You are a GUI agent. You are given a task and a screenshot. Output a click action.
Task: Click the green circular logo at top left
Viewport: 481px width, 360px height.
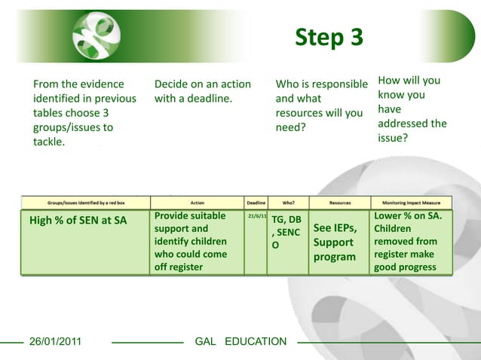click(96, 36)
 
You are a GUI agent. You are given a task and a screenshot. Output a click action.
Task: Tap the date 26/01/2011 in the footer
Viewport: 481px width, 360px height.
click(55, 342)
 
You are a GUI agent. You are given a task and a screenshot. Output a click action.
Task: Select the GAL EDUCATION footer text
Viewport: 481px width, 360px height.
click(240, 342)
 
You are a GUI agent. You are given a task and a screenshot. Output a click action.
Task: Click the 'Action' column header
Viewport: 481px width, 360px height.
click(197, 203)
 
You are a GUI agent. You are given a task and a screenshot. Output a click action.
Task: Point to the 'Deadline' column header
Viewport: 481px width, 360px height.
click(256, 203)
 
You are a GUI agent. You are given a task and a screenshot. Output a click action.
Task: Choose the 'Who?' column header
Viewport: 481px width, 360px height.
click(288, 203)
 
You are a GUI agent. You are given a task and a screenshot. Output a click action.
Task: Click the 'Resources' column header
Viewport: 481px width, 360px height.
click(339, 203)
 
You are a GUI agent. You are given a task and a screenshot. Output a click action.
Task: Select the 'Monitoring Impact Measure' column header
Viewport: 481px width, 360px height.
click(411, 203)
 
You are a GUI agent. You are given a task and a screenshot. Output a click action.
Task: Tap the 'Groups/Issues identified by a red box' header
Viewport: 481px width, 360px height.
click(84, 203)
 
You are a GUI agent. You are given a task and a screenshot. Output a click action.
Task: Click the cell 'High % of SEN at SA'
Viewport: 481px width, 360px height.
click(78, 221)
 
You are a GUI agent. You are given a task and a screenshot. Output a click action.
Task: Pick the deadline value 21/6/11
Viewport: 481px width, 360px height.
click(256, 216)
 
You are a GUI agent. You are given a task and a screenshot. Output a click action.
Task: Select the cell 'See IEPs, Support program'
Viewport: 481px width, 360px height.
click(334, 242)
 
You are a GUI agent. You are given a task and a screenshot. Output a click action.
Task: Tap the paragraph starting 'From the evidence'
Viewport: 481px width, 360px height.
click(84, 113)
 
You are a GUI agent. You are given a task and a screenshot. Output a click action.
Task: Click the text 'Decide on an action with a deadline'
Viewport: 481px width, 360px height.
click(202, 91)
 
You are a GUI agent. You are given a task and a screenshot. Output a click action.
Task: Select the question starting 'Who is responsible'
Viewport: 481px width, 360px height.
click(321, 105)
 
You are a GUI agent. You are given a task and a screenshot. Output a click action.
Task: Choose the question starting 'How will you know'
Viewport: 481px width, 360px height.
click(412, 109)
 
